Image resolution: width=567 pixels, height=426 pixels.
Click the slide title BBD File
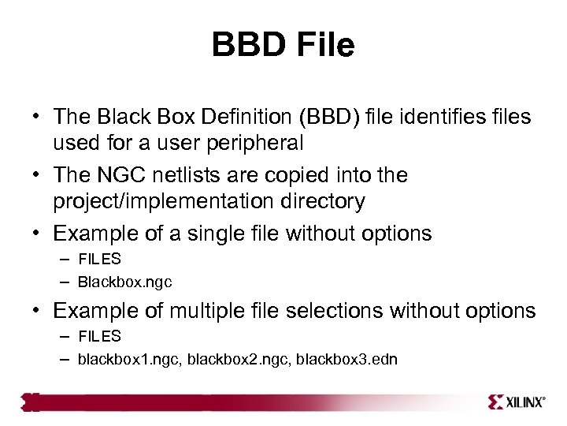pyautogui.click(x=283, y=45)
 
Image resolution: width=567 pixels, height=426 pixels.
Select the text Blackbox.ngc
pyautogui.click(x=124, y=282)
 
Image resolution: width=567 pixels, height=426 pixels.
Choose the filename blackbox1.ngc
pyautogui.click(x=121, y=359)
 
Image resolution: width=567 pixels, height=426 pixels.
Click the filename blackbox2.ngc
pyautogui.click(x=222, y=359)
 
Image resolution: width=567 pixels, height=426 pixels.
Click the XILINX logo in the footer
pyautogui.click(x=517, y=402)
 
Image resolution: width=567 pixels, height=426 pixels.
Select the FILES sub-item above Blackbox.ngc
pyautogui.click(x=99, y=259)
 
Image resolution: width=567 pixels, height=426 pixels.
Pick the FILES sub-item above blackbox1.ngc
pyautogui.click(x=99, y=336)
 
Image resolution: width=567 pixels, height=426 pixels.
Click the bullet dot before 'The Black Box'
pyautogui.click(x=37, y=118)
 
